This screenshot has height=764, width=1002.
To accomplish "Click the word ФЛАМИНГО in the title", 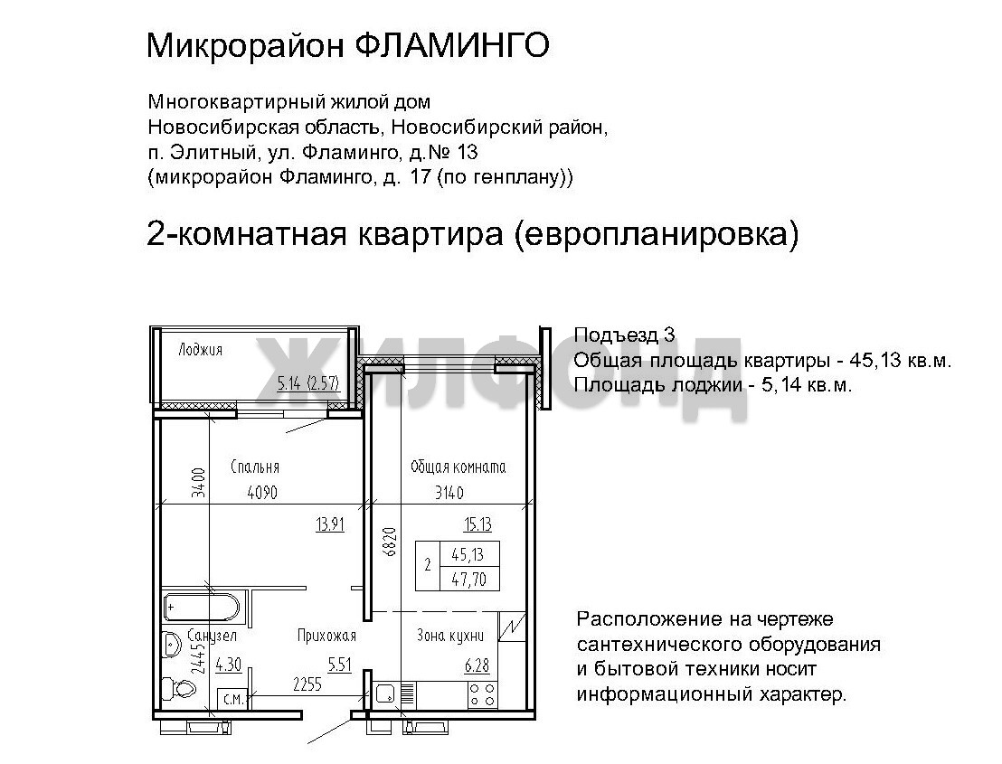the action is coord(450,45).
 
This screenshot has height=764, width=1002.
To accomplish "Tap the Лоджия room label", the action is coord(200,349).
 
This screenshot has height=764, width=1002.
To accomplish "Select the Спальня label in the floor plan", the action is coord(255,467).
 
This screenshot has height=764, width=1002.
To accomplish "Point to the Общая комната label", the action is coord(458,467).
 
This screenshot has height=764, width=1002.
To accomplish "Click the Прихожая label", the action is coord(326,635).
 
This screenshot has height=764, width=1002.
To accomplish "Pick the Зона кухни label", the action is coord(449,635).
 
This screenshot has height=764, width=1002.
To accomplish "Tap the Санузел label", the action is coord(213,635).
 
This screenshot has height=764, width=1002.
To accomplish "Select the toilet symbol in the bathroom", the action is coord(179,689).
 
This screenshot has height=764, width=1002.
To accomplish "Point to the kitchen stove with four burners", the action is coord(483,694).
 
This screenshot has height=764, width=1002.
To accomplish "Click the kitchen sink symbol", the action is coord(384,693).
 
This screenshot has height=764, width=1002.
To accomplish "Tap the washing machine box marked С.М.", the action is coord(232,699).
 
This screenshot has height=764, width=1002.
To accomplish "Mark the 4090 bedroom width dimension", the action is coord(262,493).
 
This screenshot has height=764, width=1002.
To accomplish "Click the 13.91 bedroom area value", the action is coord(330,525).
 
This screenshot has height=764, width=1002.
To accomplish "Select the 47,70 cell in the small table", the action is coord(469,580).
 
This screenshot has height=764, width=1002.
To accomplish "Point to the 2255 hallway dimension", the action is coord(307,684).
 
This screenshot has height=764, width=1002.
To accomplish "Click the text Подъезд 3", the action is coord(624,335).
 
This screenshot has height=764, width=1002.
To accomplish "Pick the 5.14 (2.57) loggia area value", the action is coord(308,383).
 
